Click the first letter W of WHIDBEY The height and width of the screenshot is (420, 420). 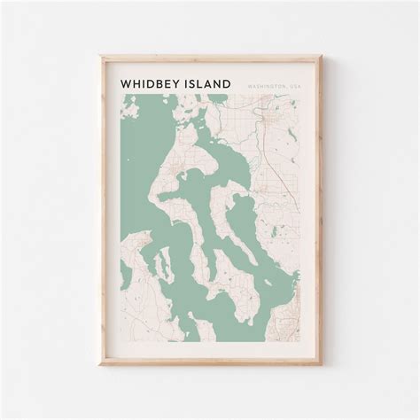[x=126, y=83]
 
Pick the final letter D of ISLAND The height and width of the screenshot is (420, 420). [x=228, y=83]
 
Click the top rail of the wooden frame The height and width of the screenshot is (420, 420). [x=210, y=58]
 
